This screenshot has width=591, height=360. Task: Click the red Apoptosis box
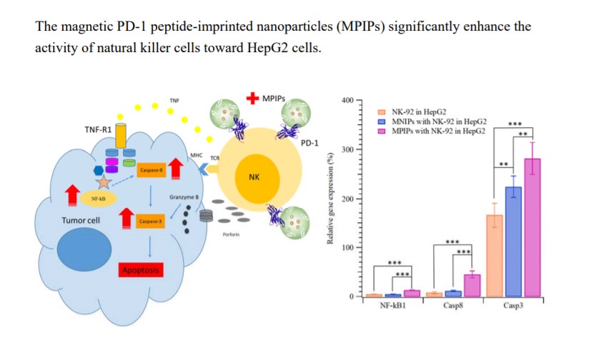(141, 270)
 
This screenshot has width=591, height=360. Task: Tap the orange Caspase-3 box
(149, 220)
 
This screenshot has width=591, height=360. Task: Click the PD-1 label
(309, 143)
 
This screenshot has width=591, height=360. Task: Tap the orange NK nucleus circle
(253, 176)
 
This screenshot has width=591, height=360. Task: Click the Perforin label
(231, 234)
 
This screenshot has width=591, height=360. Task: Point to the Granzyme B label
(184, 196)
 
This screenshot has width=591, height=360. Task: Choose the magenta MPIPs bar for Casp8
(472, 284)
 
